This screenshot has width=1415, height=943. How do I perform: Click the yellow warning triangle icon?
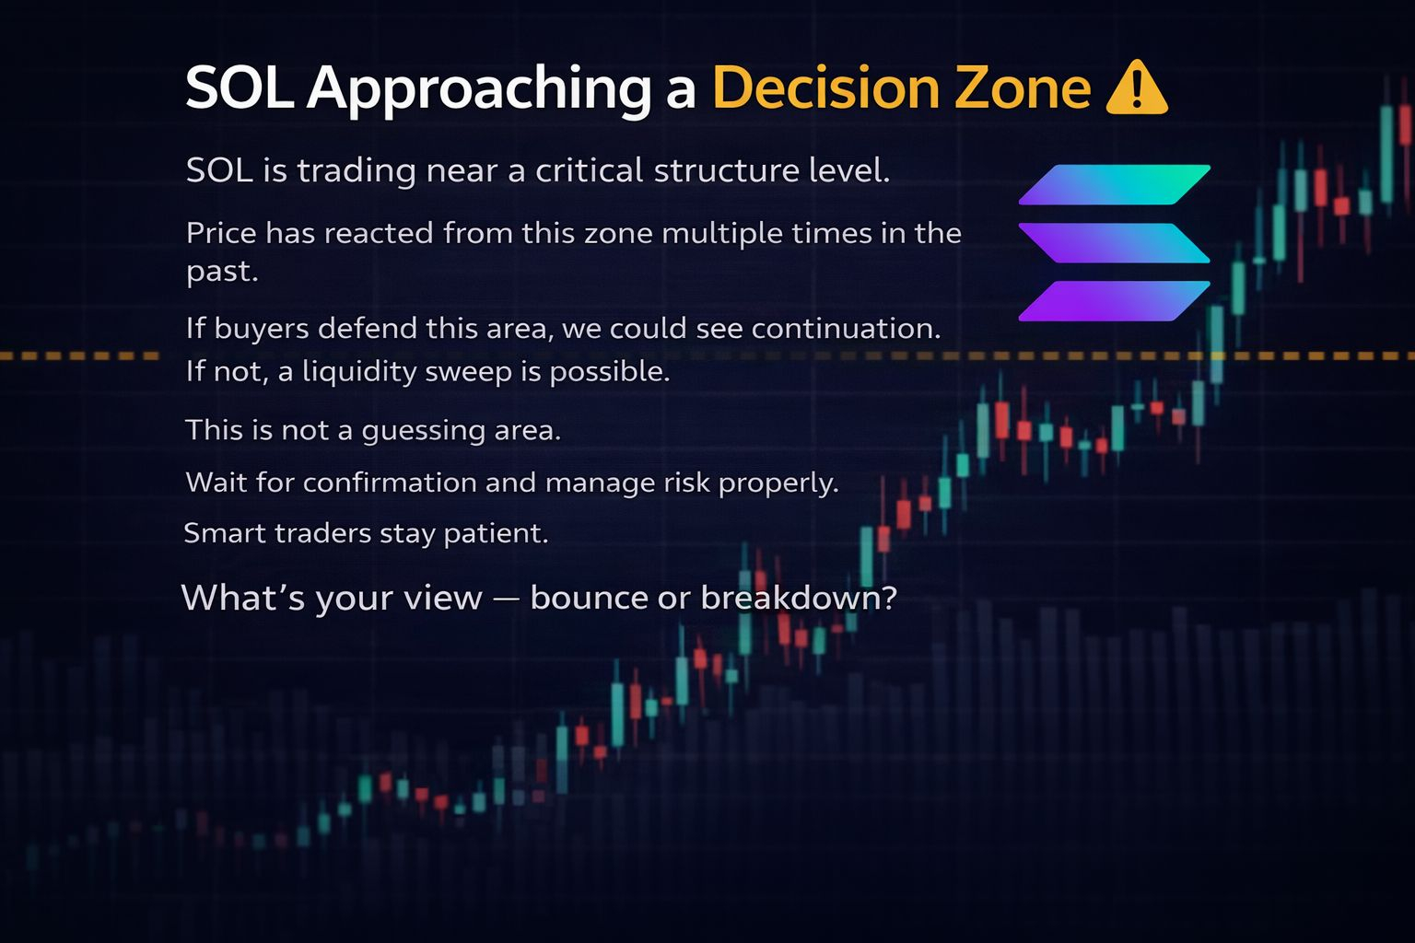(1137, 88)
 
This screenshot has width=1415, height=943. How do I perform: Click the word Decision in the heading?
(826, 87)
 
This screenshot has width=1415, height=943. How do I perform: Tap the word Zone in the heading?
(1023, 87)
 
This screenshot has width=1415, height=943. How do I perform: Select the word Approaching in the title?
(479, 89)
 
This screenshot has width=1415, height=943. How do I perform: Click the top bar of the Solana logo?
(1115, 184)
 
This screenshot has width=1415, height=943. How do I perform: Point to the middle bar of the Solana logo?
(1115, 242)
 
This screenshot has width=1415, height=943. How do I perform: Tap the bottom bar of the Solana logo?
(1115, 300)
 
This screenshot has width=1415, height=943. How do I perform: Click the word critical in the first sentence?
(590, 169)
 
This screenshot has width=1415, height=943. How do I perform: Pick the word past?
(222, 273)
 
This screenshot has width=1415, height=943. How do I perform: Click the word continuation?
(818, 329)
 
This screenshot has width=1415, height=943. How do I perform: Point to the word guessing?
(423, 431)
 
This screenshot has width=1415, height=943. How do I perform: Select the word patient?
(497, 534)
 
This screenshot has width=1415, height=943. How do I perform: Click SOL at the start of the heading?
(240, 87)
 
